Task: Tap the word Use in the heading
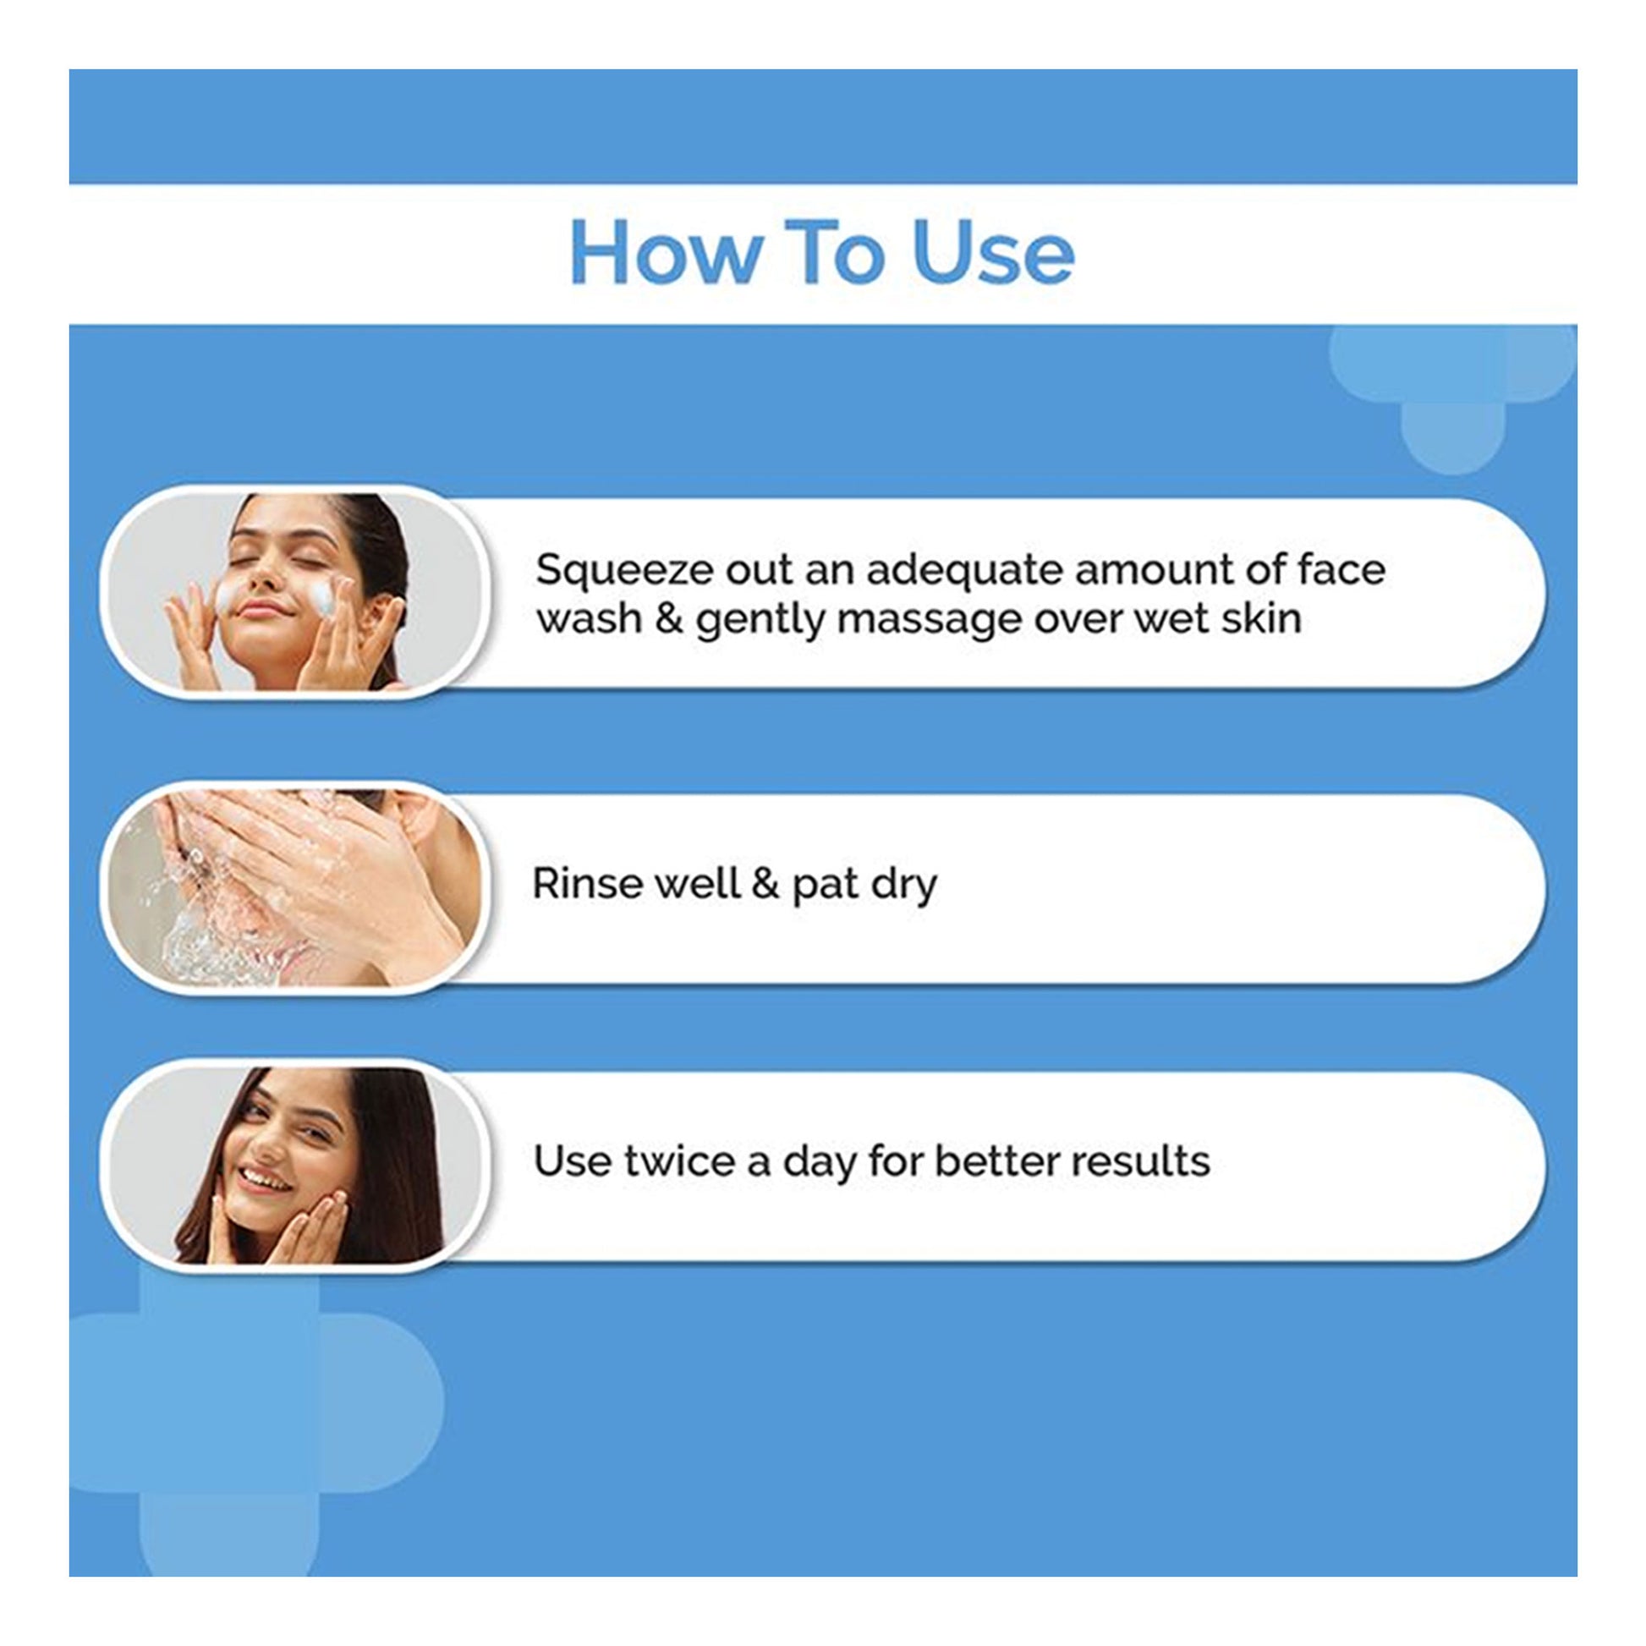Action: [993, 252]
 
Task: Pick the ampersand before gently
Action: [670, 619]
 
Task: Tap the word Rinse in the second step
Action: [587, 884]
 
